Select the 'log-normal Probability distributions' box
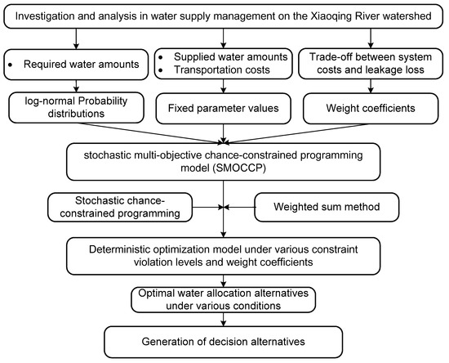tap(75, 108)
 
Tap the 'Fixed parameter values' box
tap(224, 108)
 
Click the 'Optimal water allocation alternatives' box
tap(224, 297)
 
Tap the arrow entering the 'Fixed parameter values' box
tap(224, 92)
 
